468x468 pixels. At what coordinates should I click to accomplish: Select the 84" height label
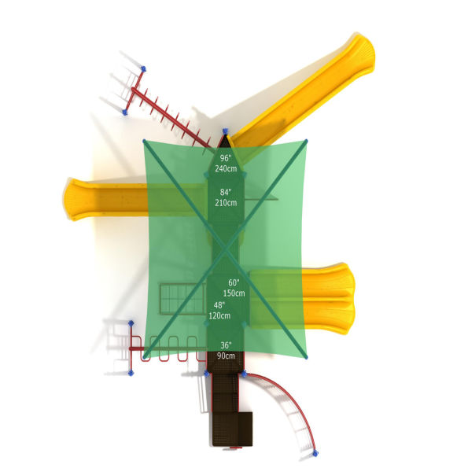tap(226, 192)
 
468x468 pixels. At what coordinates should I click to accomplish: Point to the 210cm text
tap(227, 202)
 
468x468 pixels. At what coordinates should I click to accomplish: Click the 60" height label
tap(234, 282)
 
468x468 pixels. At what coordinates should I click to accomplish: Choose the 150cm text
tap(234, 293)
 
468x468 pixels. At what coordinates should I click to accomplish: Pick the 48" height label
tap(219, 305)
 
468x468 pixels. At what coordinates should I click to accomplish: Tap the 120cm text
tap(219, 315)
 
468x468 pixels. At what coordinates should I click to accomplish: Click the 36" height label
tap(226, 345)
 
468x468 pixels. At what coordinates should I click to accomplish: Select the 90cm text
tap(226, 356)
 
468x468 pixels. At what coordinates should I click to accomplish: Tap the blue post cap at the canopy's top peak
tap(225, 131)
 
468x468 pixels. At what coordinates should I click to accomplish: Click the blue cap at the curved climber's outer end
tap(315, 454)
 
